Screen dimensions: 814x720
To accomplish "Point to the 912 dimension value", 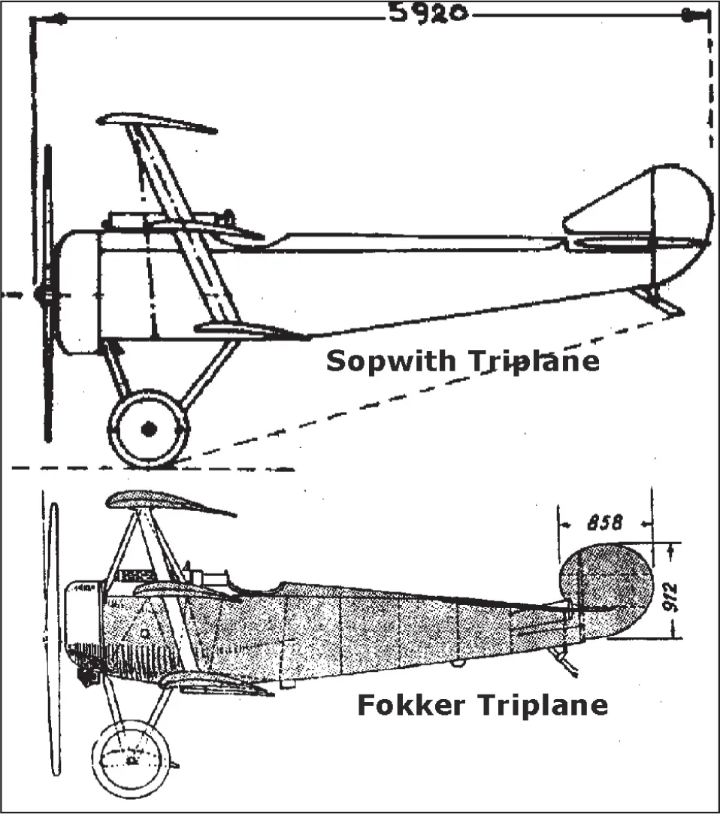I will coord(673,595).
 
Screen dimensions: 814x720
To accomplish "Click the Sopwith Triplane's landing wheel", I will coord(149,428).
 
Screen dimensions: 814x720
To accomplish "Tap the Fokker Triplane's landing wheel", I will coord(130,759).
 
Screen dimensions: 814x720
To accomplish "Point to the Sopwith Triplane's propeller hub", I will coord(44,295).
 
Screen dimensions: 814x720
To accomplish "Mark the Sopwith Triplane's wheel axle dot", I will coord(149,428).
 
